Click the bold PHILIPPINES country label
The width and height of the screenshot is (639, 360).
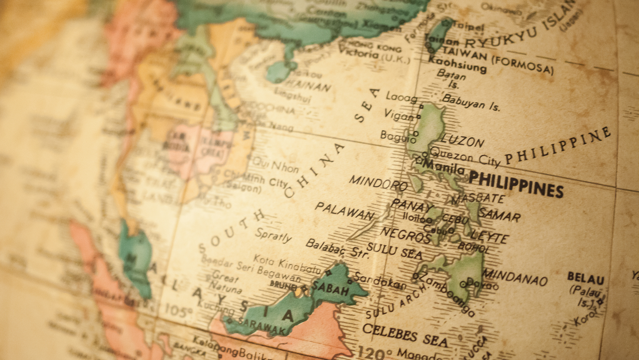click(x=516, y=184)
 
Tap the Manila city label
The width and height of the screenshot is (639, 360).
click(x=444, y=167)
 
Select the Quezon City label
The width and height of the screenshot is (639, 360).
click(x=465, y=156)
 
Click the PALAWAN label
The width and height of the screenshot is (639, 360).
click(x=344, y=212)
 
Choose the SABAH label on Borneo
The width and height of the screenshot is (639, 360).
click(x=331, y=288)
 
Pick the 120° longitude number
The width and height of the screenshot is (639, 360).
click(x=375, y=352)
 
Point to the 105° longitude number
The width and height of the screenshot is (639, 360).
click(x=178, y=311)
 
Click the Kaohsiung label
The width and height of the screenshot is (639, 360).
click(x=457, y=63)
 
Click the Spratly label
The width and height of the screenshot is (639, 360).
click(x=273, y=235)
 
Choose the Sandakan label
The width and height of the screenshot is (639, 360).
click(x=380, y=281)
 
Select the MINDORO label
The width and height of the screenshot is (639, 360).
click(x=378, y=183)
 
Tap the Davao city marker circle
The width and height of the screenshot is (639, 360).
click(x=463, y=284)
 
